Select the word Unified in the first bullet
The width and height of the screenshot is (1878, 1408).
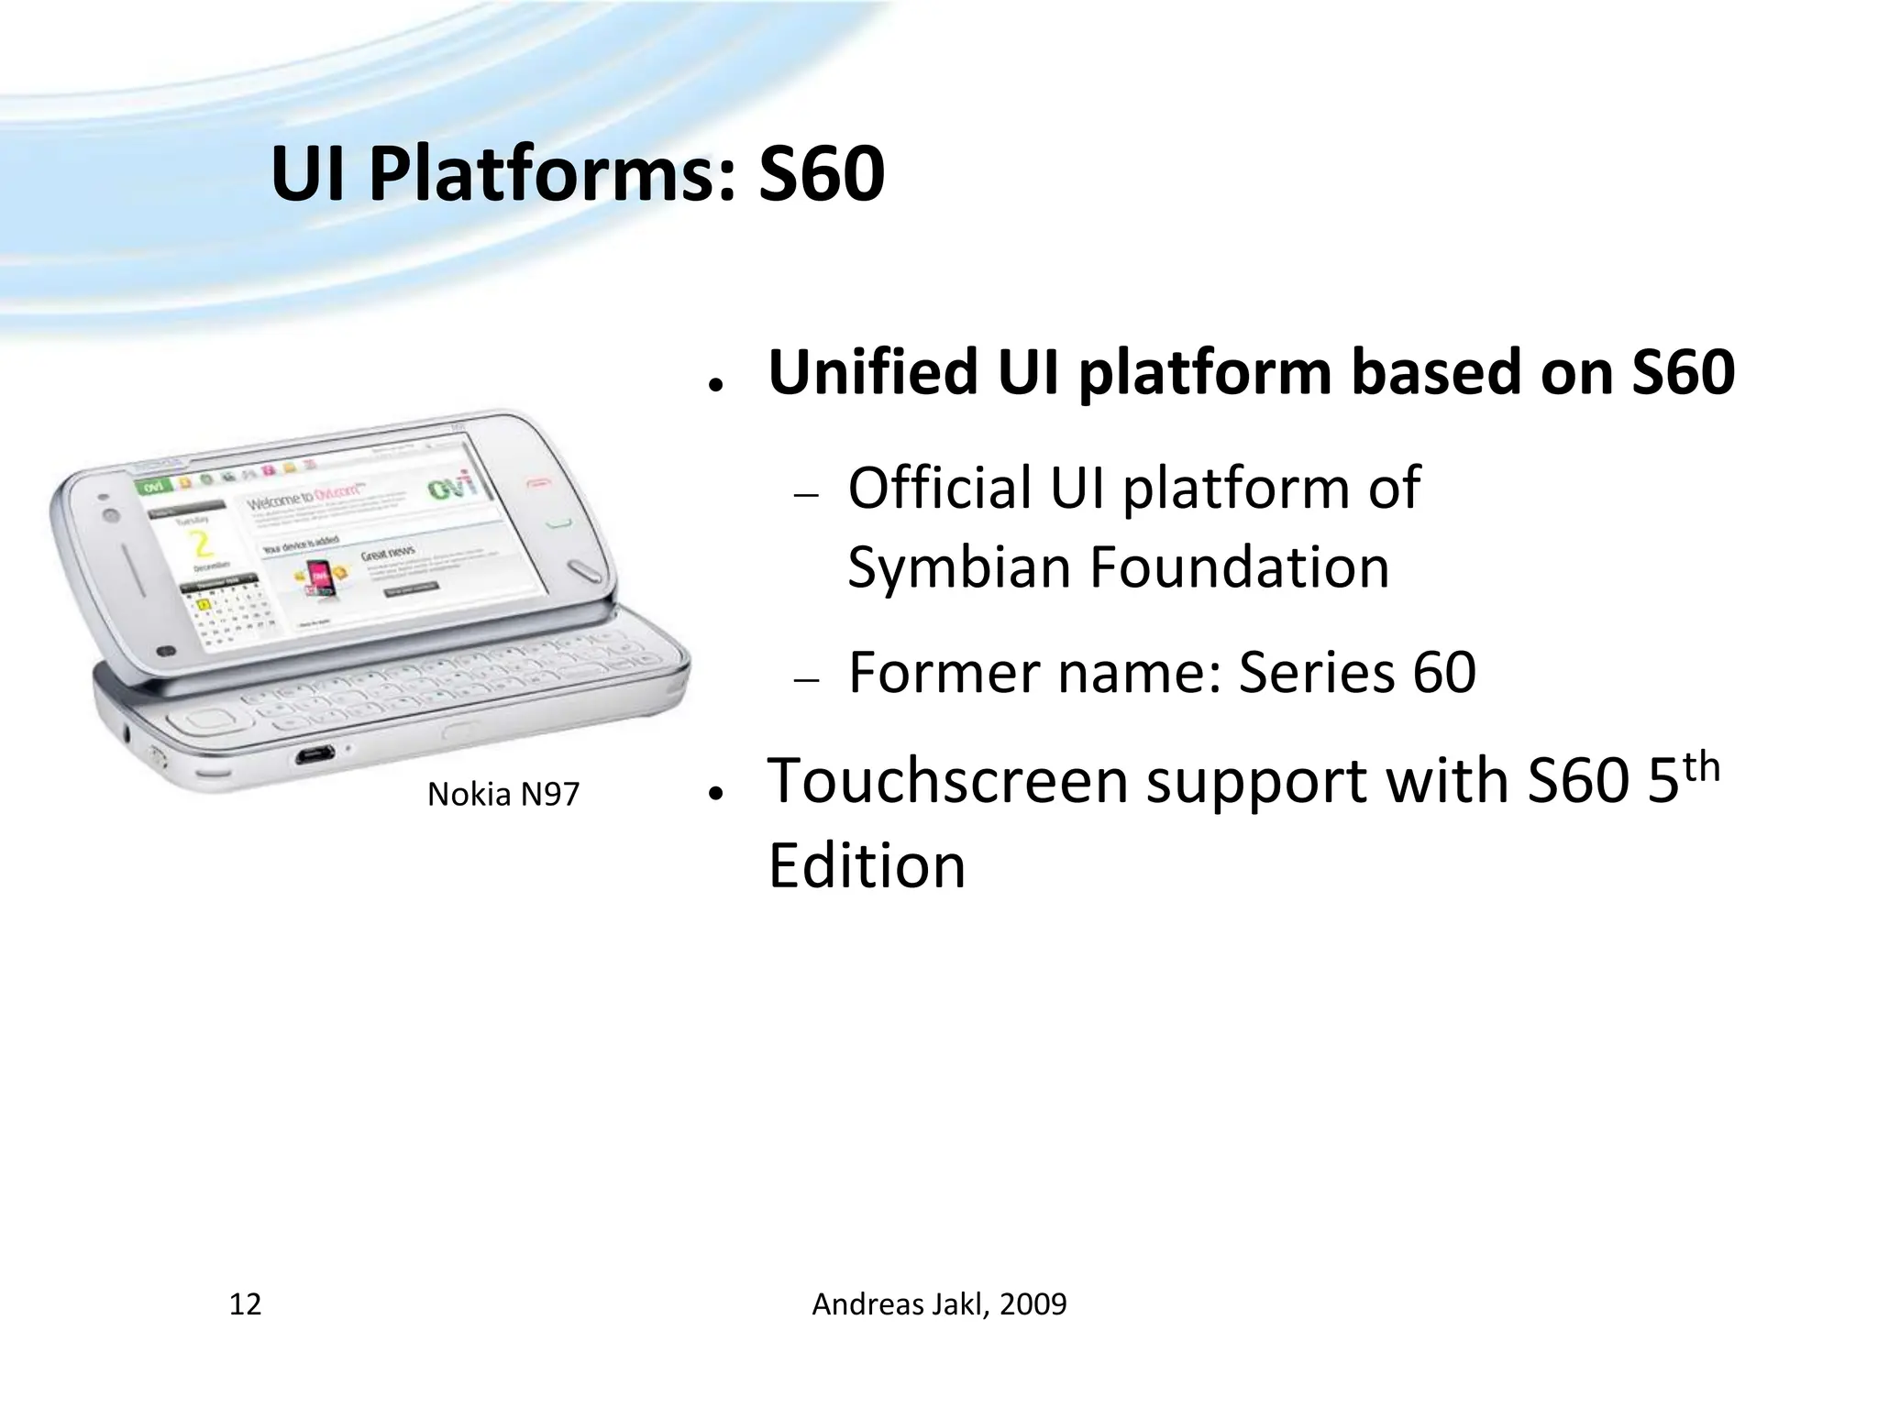point(872,372)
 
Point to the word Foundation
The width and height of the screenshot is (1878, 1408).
point(1239,566)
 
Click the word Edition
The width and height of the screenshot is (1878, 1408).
point(867,865)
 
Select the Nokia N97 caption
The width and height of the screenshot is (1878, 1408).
point(503,794)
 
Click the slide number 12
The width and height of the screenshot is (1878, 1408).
point(245,1303)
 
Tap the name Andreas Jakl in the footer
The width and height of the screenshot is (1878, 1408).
point(899,1303)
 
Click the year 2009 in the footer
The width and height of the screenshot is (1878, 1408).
point(1033,1303)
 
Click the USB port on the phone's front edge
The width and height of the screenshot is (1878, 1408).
point(314,756)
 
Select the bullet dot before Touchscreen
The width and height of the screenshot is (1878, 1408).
point(713,792)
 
